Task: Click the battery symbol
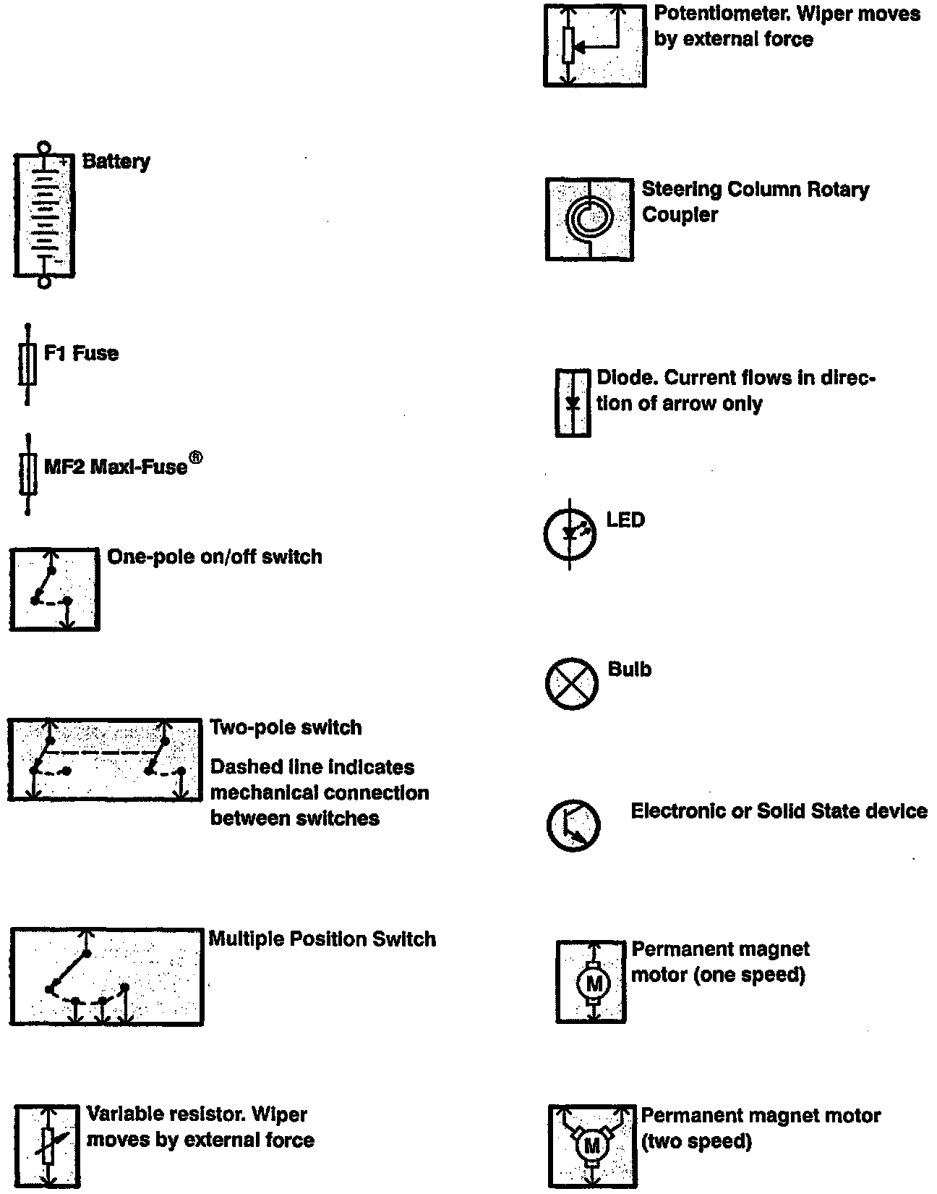pyautogui.click(x=44, y=214)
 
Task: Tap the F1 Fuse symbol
pyautogui.click(x=27, y=364)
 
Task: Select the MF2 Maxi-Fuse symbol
pyautogui.click(x=27, y=474)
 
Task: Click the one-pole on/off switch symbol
pyautogui.click(x=54, y=589)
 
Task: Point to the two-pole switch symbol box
pyautogui.click(x=105, y=759)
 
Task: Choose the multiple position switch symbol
pyautogui.click(x=106, y=976)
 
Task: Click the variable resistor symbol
pyautogui.click(x=47, y=1146)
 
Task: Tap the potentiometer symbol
pyautogui.click(x=594, y=46)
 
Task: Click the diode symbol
pyautogui.click(x=573, y=402)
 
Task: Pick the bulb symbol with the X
pyautogui.click(x=571, y=683)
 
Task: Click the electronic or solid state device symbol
pyautogui.click(x=573, y=826)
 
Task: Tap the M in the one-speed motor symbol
pyautogui.click(x=594, y=983)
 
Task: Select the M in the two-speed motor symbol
pyautogui.click(x=592, y=1146)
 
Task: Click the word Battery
pyautogui.click(x=116, y=161)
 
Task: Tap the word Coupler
pyautogui.click(x=679, y=215)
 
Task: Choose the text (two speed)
pyautogui.click(x=696, y=1142)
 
